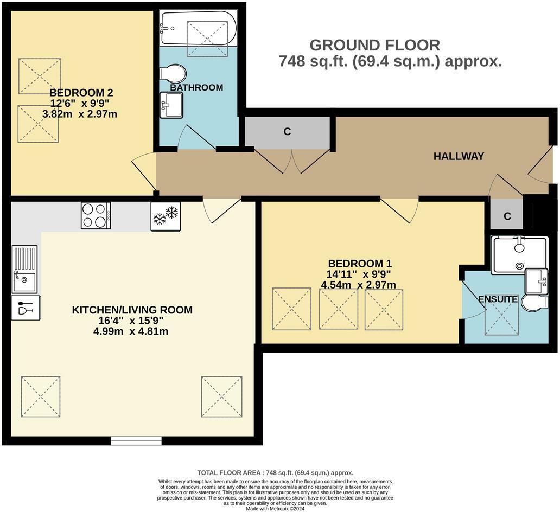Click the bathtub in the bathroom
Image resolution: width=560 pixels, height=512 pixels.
pyautogui.click(x=198, y=28)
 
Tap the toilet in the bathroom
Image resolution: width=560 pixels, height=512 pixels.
pyautogui.click(x=174, y=73)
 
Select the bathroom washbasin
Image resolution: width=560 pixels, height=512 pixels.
pyautogui.click(x=171, y=104)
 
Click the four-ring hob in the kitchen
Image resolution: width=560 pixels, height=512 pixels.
pyautogui.click(x=96, y=215)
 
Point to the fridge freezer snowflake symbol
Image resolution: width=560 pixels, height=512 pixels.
pyautogui.click(x=166, y=216)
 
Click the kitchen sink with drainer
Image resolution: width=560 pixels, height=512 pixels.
pyautogui.click(x=24, y=269)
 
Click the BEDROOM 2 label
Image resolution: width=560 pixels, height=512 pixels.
pyautogui.click(x=81, y=92)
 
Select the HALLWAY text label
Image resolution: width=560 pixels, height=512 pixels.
pyautogui.click(x=459, y=156)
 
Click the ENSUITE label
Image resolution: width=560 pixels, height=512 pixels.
pyautogui.click(x=498, y=299)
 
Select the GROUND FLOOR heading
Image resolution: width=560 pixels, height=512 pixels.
pyautogui.click(x=374, y=45)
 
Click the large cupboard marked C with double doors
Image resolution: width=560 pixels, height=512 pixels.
pyautogui.click(x=287, y=132)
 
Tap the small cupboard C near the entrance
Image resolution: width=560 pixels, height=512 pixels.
pyautogui.click(x=507, y=216)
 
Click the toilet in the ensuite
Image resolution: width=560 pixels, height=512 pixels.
pyautogui.click(x=534, y=302)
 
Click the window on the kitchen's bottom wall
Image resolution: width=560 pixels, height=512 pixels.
pyautogui.click(x=136, y=440)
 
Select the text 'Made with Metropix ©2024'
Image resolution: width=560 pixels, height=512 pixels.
pyautogui.click(x=275, y=508)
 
